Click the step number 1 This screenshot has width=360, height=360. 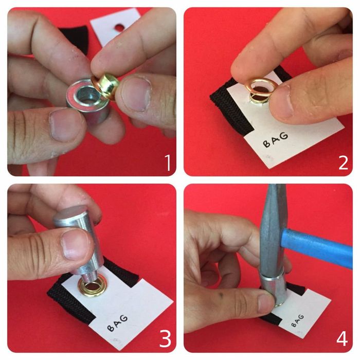[169, 163]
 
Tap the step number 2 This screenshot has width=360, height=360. [344, 163]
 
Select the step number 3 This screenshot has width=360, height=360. [165, 338]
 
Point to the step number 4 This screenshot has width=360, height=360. [342, 338]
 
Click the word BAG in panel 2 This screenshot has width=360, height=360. [276, 139]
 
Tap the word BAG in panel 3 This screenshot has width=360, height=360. [118, 323]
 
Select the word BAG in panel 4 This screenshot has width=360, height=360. [298, 321]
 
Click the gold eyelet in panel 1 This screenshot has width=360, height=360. [105, 86]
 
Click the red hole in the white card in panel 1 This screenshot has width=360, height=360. [119, 27]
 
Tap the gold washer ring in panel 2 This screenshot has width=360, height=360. [261, 87]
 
